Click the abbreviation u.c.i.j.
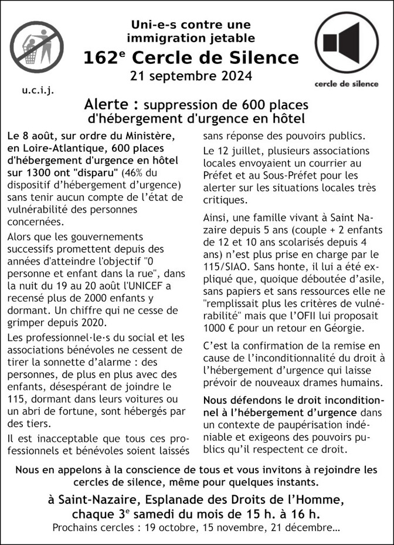click(38, 91)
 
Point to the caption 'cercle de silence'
click(347, 83)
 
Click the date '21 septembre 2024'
click(191, 76)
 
